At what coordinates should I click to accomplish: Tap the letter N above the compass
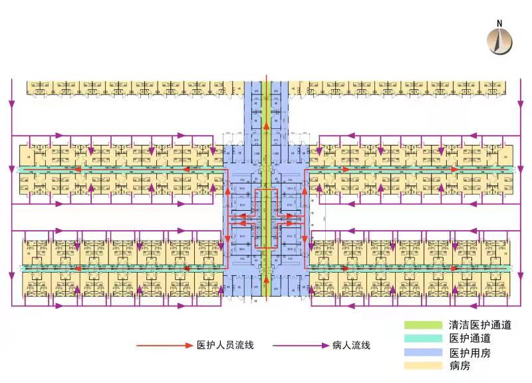point(501,23)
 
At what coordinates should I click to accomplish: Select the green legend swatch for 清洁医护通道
point(423,325)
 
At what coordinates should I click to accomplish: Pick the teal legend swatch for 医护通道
point(423,338)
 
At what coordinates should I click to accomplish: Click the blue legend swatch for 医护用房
point(423,352)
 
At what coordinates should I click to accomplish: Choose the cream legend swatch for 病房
point(423,366)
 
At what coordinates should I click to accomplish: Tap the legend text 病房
point(460,366)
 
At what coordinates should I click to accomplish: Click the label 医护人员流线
point(225,346)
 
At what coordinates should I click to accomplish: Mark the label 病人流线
point(350,346)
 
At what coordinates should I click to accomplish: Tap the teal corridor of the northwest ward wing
point(120,169)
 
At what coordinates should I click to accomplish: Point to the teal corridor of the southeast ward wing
point(412,268)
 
